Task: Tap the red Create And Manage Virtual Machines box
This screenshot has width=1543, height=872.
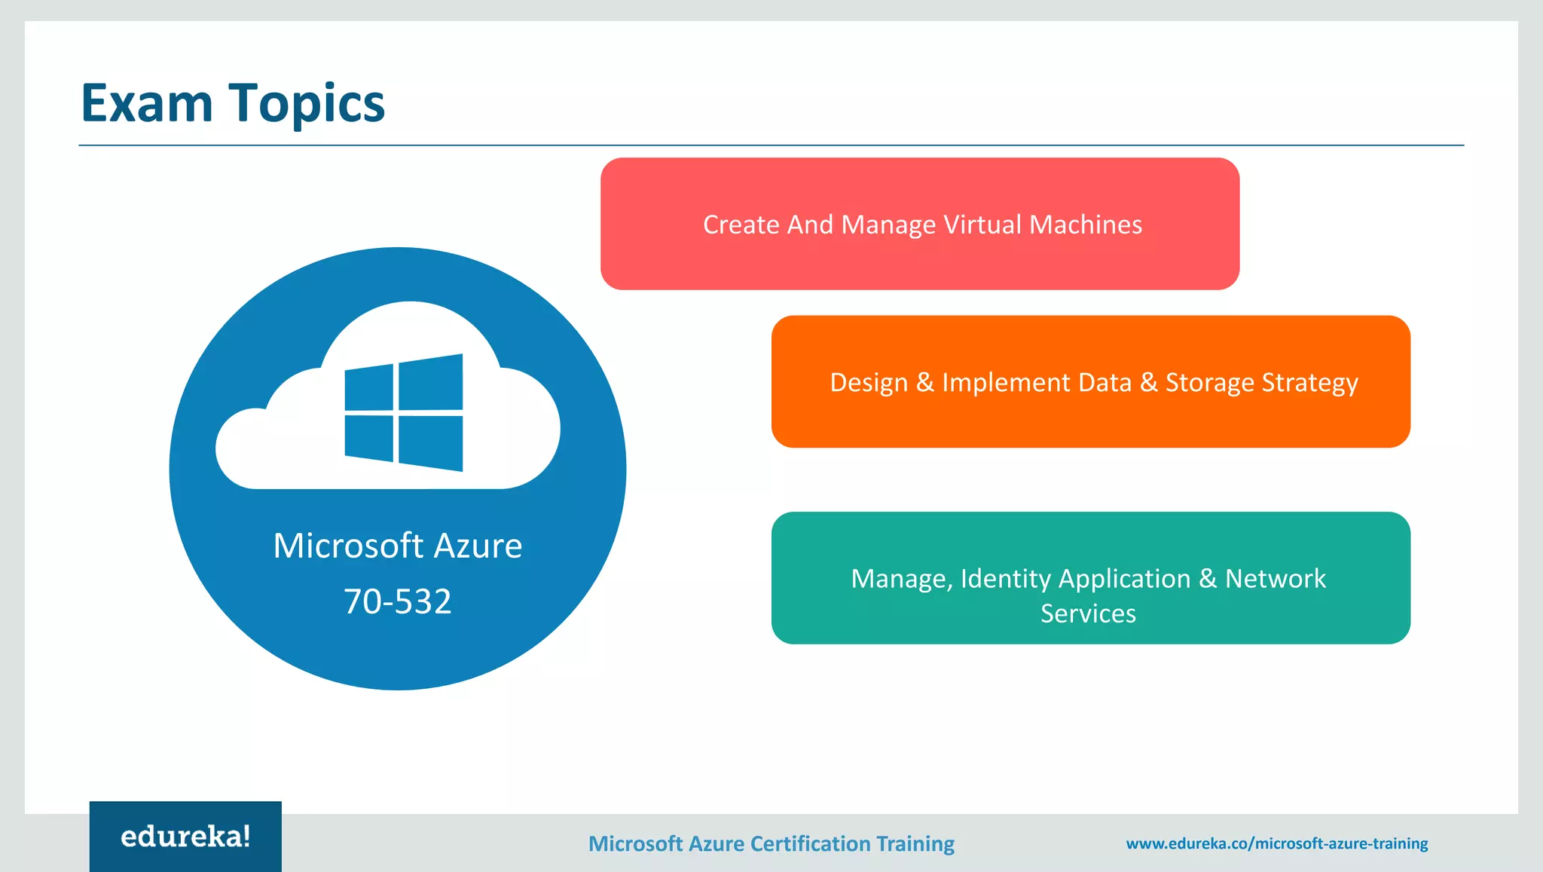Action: [919, 224]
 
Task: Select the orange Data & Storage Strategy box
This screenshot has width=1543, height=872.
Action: [1090, 382]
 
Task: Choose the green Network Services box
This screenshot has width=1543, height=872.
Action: [1090, 578]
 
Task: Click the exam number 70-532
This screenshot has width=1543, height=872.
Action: [397, 601]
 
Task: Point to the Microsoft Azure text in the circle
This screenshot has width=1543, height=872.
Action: [397, 546]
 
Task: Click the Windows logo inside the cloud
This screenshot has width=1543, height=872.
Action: [404, 413]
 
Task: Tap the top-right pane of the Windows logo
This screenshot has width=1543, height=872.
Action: [430, 383]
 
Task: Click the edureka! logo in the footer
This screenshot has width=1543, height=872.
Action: [185, 837]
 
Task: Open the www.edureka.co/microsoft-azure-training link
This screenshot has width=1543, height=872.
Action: [1276, 843]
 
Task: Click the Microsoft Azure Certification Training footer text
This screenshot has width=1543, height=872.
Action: [771, 843]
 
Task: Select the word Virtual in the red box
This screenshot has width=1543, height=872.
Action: [982, 225]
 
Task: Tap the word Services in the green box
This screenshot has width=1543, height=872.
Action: [1088, 613]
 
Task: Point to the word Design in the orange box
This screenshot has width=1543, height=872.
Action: [868, 383]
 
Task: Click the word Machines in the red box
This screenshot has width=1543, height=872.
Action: [1085, 225]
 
